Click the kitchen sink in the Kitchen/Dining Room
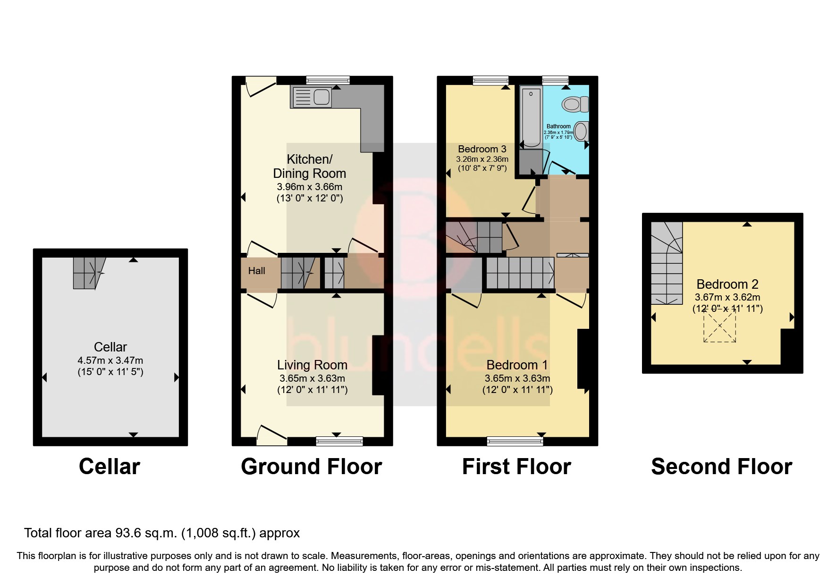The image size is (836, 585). tap(312, 98)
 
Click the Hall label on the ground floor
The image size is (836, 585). tap(257, 271)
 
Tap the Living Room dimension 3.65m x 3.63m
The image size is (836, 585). tap(312, 378)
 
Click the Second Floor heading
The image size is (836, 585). tap(721, 467)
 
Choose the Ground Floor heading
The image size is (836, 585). tap(311, 467)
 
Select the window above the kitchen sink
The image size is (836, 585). tap(328, 80)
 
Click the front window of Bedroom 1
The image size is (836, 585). tap(515, 441)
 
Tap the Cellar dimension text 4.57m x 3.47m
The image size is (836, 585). tap(110, 360)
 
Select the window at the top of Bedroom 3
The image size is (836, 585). tap(491, 80)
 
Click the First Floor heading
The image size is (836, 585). tap(516, 467)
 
